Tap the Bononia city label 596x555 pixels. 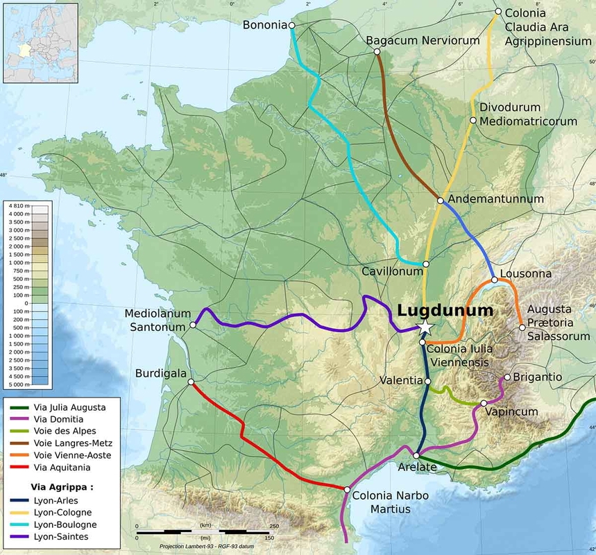pos(264,26)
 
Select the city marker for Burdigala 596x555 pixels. pos(191,382)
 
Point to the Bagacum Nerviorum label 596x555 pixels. pos(423,40)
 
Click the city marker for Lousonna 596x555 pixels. pos(494,280)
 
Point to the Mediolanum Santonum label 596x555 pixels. pos(157,320)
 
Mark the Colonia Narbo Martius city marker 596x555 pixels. pos(347,489)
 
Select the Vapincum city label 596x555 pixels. pos(512,411)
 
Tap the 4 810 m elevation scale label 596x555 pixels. pos(17,207)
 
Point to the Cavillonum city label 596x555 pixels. pos(391,271)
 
